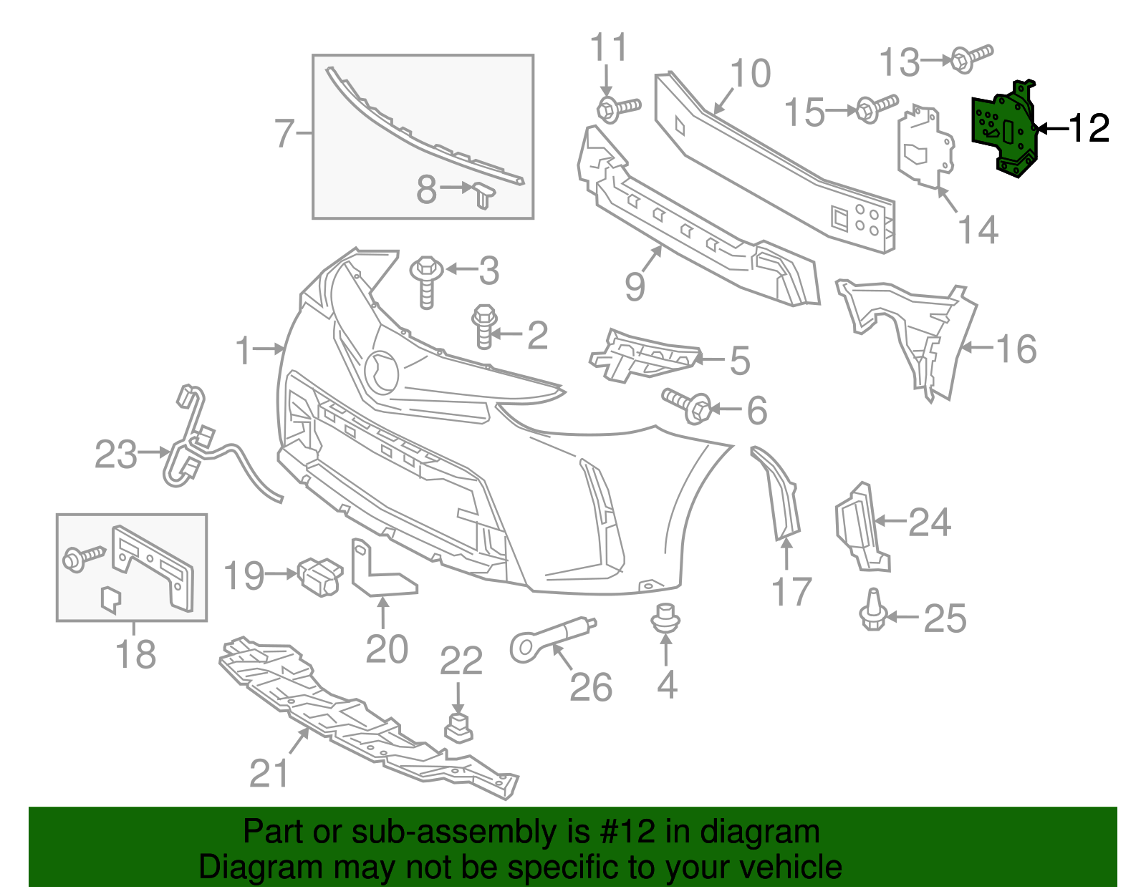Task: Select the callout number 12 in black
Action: click(x=1089, y=128)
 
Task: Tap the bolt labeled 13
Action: click(x=971, y=57)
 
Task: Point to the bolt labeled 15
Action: click(x=875, y=107)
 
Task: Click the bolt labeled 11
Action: click(x=617, y=109)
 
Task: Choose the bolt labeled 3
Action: click(x=426, y=280)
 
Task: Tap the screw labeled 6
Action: click(x=687, y=404)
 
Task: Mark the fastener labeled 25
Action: click(x=872, y=611)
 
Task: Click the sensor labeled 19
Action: click(x=319, y=575)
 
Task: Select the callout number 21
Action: click(x=269, y=773)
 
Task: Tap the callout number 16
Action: click(x=1016, y=349)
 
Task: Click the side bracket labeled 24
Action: click(x=860, y=526)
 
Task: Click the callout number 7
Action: click(x=284, y=133)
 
